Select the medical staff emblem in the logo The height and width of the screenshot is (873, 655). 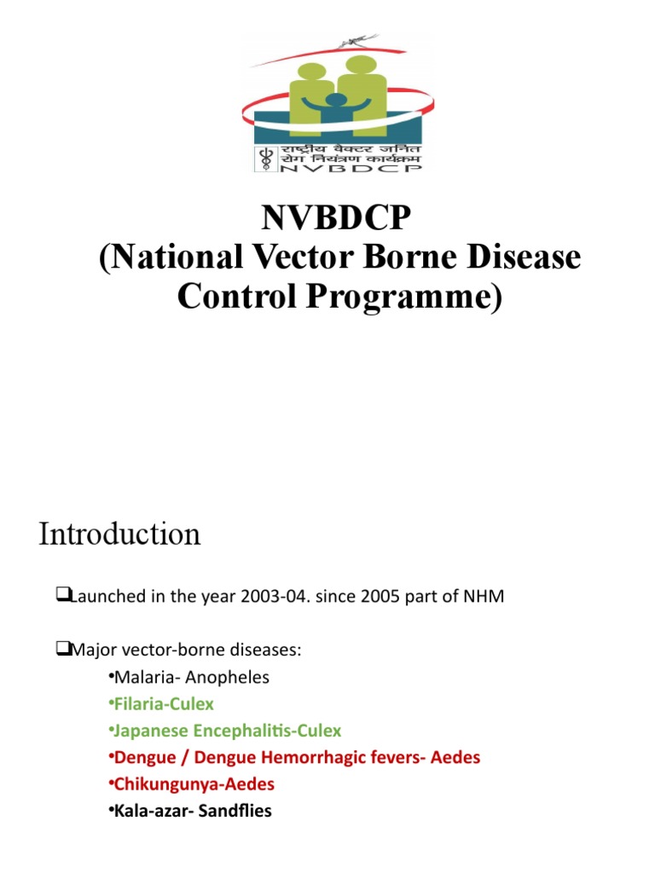click(262, 158)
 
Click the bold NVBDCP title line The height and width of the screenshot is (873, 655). click(336, 220)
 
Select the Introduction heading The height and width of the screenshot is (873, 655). click(119, 535)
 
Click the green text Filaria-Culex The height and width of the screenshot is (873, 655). click(164, 704)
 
